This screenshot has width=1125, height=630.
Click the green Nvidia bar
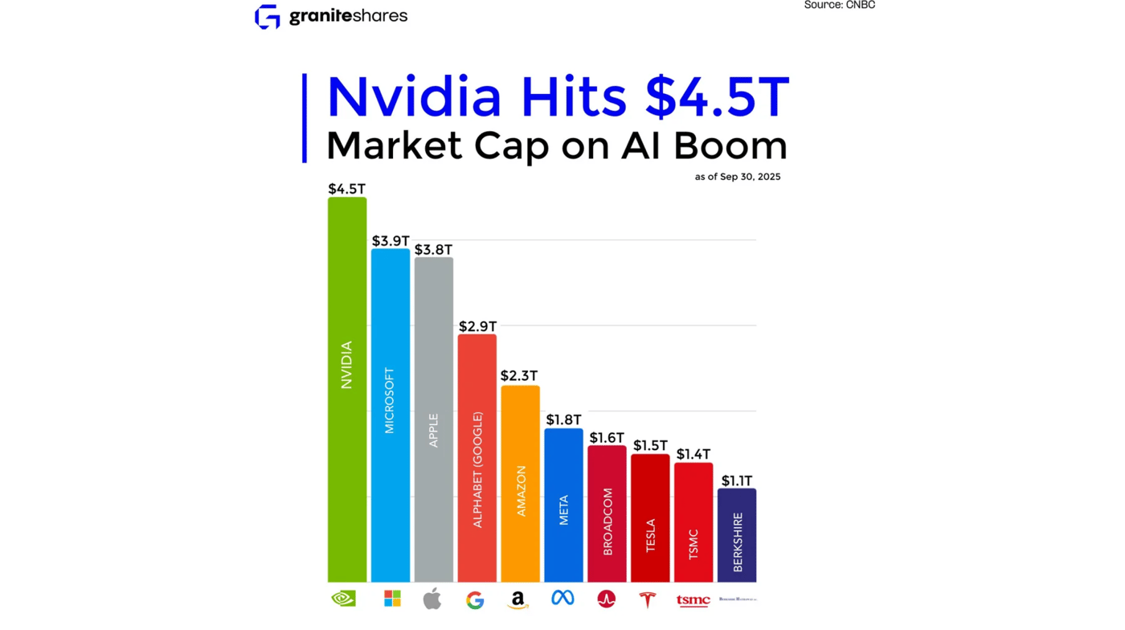(x=347, y=390)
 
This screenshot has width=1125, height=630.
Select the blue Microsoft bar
(x=391, y=415)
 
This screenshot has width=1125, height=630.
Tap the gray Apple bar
(x=434, y=419)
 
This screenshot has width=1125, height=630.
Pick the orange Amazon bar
(x=520, y=484)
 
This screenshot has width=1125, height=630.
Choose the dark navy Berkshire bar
(x=737, y=535)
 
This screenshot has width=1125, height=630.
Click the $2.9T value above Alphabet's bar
(x=477, y=326)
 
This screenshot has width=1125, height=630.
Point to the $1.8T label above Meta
(x=564, y=420)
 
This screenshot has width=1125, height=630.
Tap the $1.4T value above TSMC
(x=693, y=454)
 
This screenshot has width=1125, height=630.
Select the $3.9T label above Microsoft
(x=391, y=240)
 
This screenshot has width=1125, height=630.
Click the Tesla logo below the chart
(x=649, y=599)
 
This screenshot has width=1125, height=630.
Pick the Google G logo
(x=475, y=599)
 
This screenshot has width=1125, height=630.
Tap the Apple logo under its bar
(x=432, y=599)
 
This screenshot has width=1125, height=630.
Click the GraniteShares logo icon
(x=268, y=16)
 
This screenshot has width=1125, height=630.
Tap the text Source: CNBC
(x=839, y=5)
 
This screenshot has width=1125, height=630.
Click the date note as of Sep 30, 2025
(x=738, y=177)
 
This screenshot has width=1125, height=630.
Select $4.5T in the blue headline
(x=718, y=97)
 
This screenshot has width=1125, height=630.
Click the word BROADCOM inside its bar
(x=607, y=521)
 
